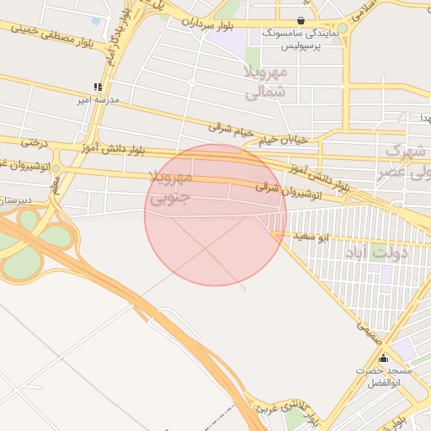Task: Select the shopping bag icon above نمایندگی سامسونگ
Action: point(301,21)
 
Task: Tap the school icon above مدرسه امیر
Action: point(98,87)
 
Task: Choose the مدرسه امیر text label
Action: point(98,100)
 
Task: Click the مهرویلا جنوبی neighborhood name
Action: point(171,190)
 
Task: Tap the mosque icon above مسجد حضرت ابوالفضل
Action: point(384,358)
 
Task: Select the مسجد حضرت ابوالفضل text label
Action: point(383,376)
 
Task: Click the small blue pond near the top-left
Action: point(95,21)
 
